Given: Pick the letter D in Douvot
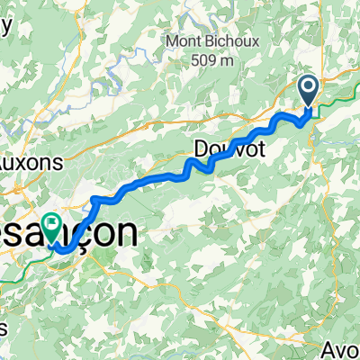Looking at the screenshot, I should [x=201, y=149].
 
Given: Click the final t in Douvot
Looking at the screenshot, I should [x=260, y=149].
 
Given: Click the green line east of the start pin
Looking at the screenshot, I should [x=337, y=103].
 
